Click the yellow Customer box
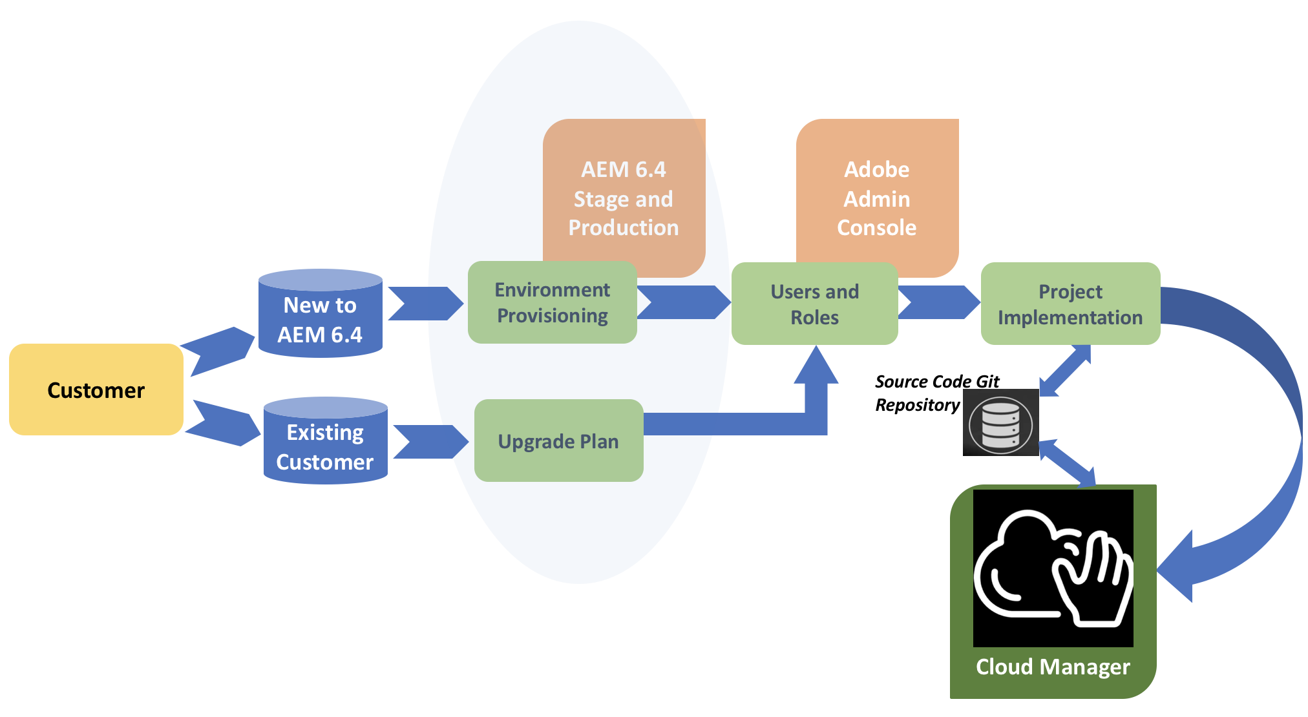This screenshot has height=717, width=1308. [x=96, y=390]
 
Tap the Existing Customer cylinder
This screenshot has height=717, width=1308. [x=325, y=442]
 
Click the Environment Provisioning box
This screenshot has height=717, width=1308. [x=552, y=302]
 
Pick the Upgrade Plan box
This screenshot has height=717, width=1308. [x=558, y=441]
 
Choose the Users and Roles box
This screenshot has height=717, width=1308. [x=814, y=304]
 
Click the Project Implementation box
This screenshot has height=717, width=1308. [x=1070, y=304]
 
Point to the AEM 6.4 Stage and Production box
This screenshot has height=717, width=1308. [x=624, y=194]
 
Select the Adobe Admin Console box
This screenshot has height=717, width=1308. [x=877, y=194]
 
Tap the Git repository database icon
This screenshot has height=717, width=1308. [x=1000, y=423]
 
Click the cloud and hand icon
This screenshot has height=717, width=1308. [x=1053, y=568]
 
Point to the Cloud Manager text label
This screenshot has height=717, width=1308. [x=1053, y=667]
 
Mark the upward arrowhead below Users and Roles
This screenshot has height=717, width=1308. [x=816, y=368]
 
